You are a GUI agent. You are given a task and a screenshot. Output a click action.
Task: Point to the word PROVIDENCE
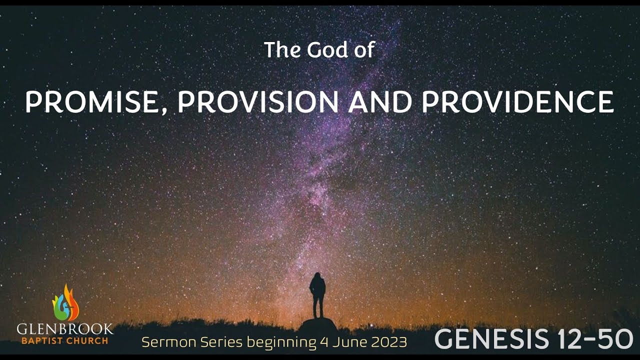pyautogui.click(x=517, y=102)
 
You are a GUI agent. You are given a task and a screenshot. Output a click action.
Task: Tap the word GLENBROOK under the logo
pyautogui.click(x=65, y=329)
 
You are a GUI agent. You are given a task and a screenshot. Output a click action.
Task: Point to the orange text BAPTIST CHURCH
pyautogui.click(x=65, y=341)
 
